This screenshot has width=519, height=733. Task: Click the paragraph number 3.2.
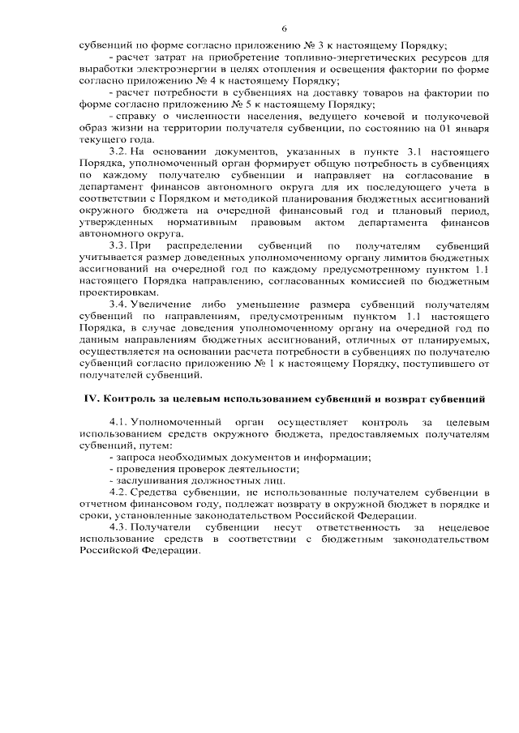coord(118,151)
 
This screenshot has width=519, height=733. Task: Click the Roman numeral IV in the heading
coord(92,398)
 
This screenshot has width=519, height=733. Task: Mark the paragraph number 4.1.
coord(118,423)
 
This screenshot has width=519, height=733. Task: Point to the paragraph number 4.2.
coord(118,492)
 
